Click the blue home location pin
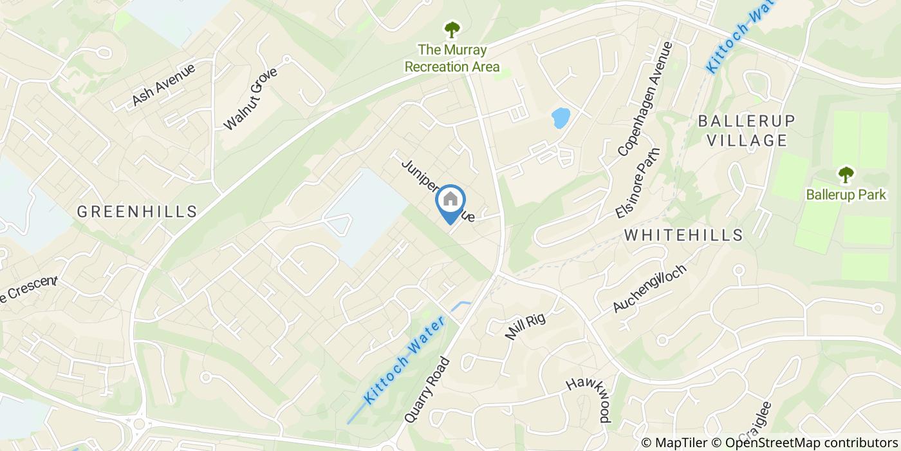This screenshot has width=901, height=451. pos(450,201)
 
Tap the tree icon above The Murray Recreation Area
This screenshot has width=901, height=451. pos(452,29)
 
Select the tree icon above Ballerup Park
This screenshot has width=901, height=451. pos(845,174)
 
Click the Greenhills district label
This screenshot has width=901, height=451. pos(136,211)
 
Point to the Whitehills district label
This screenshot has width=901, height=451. pos(683,235)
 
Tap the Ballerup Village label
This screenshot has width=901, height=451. pos(747,131)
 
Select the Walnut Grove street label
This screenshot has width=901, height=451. pos(250,98)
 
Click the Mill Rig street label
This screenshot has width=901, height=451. pos(526,327)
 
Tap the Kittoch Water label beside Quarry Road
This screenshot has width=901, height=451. pos(404,361)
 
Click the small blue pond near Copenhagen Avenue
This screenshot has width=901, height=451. pos(561,118)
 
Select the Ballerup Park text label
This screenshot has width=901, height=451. pos(845,194)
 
